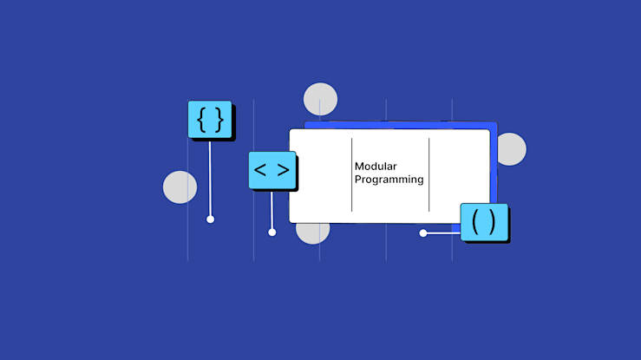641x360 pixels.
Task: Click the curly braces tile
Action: point(210,120)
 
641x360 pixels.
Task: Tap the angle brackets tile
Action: point(271,170)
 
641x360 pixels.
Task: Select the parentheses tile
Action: point(484,222)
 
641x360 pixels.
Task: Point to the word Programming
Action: point(389,180)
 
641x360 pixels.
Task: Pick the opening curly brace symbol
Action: point(201,120)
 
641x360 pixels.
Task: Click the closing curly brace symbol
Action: point(219,120)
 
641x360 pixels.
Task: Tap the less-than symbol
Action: point(260,170)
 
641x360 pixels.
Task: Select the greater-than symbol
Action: point(283,170)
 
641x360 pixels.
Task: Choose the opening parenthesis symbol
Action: point(475,222)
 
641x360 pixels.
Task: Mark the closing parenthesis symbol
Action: point(493,222)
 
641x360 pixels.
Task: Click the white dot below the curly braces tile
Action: point(210,219)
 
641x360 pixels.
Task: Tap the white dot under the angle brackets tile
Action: point(271,232)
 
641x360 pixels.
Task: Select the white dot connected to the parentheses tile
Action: point(423,232)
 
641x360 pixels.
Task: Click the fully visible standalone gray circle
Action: point(180,187)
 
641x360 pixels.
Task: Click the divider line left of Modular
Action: point(351,173)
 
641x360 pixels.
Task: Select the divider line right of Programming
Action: point(428,173)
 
